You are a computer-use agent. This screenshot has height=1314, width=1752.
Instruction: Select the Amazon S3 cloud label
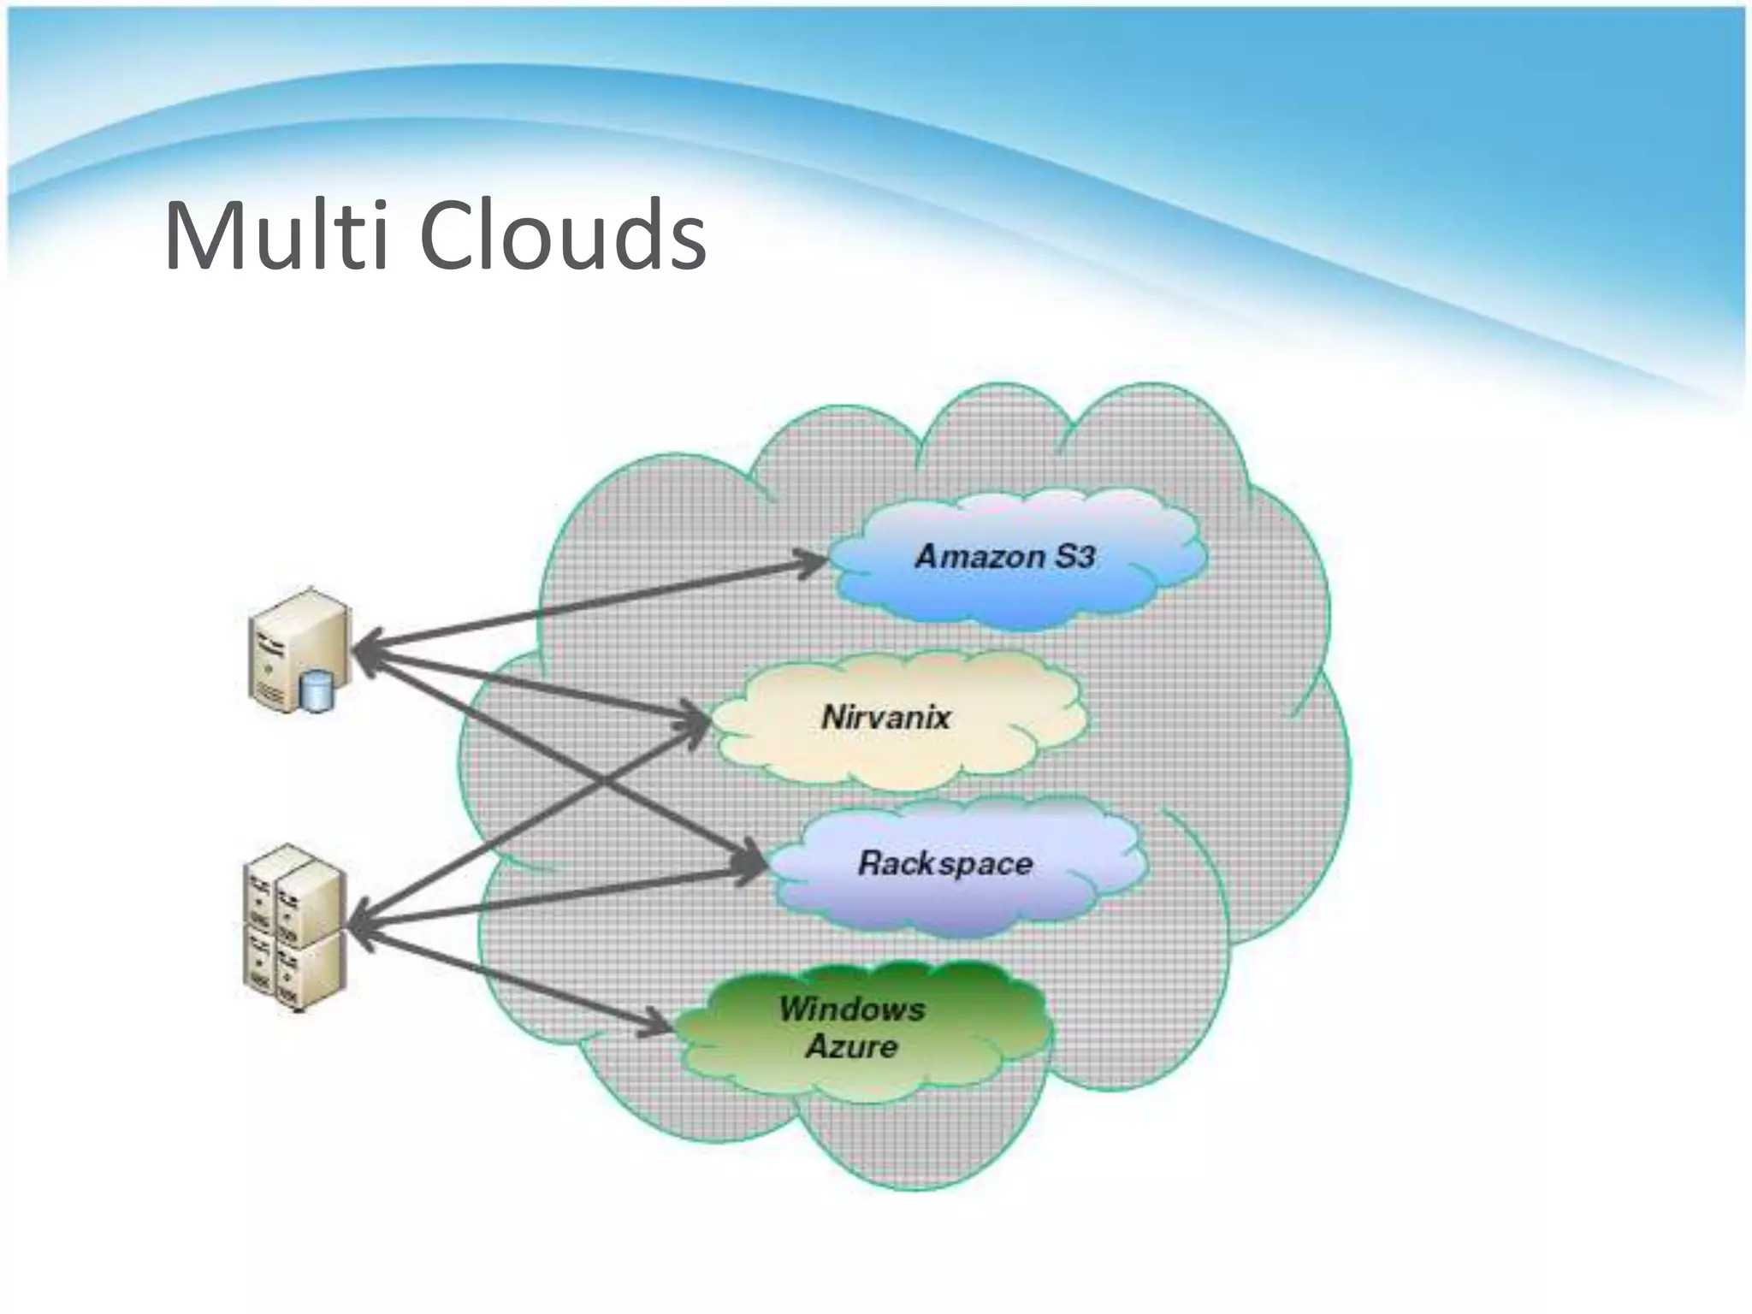pos(1004,557)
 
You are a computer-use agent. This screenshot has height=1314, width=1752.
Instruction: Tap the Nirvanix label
pos(885,717)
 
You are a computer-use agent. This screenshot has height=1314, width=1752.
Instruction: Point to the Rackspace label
pos(944,863)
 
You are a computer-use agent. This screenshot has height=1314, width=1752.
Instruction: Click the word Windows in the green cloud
pos(851,1009)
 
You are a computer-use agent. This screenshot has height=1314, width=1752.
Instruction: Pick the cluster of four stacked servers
pos(295,928)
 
